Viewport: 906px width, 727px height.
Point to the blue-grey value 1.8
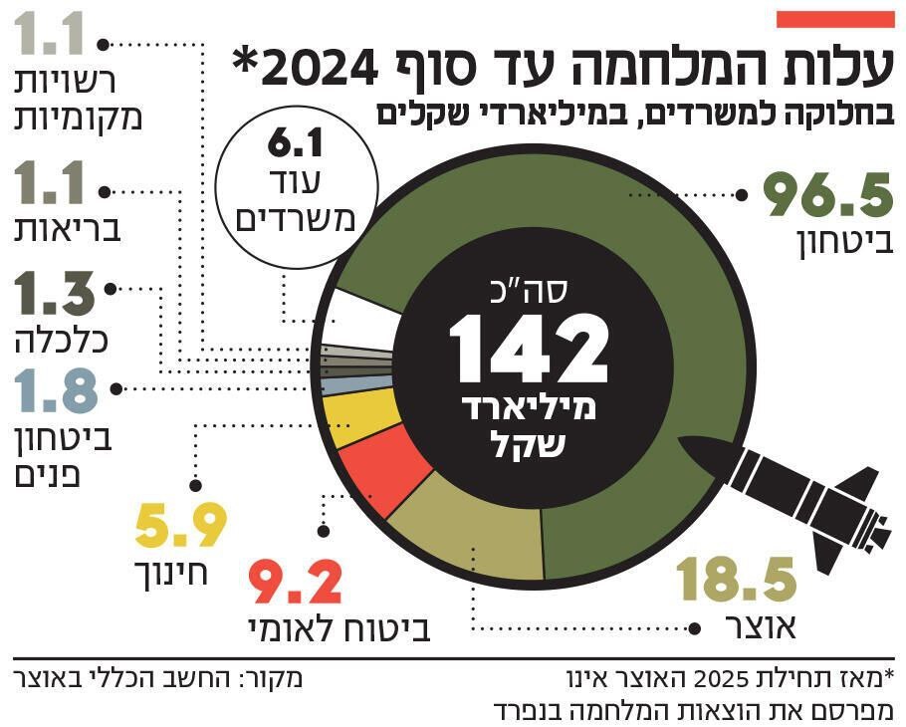point(56,391)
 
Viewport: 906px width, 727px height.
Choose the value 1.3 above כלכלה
point(56,292)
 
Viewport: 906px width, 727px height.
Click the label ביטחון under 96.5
point(845,244)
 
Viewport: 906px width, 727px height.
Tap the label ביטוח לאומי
point(339,628)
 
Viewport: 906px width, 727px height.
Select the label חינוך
point(171,574)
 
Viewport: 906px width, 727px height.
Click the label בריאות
point(69,231)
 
